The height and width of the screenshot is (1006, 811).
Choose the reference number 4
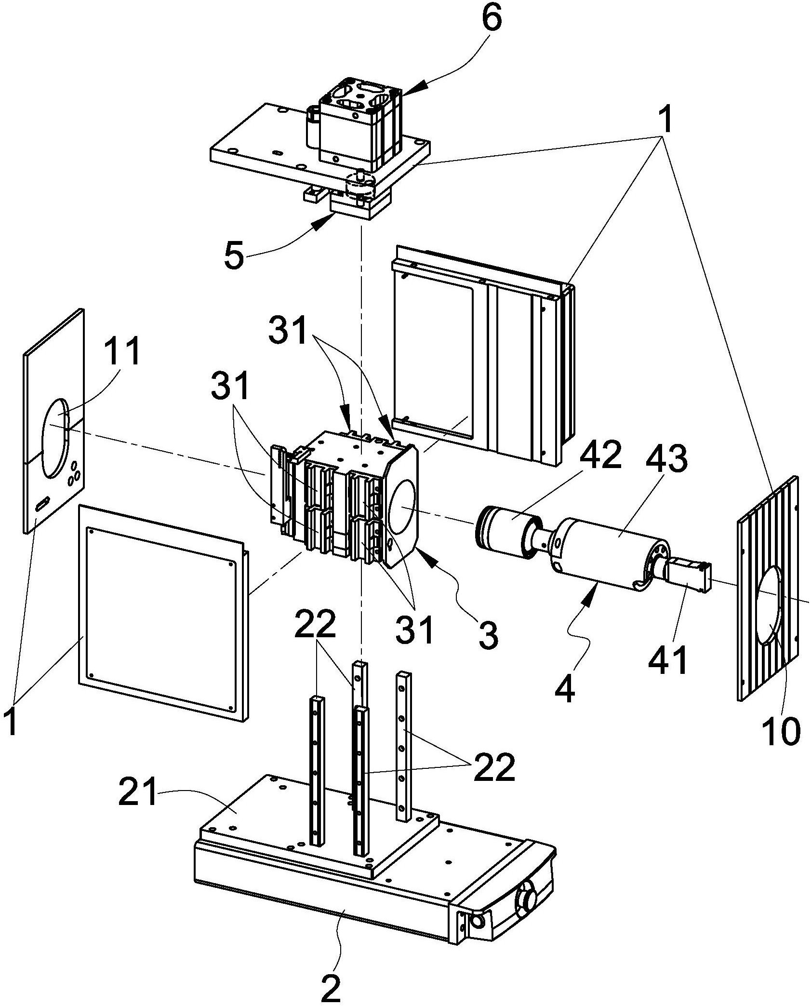[565, 687]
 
